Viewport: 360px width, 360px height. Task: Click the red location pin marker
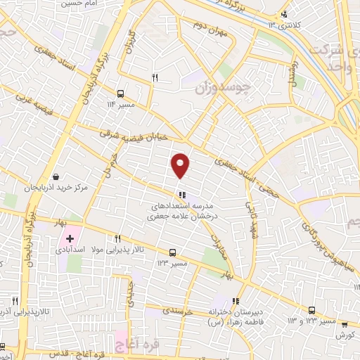click(181, 165)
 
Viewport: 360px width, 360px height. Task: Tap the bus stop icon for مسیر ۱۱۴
click(122, 93)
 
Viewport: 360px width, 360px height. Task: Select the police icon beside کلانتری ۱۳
click(284, 14)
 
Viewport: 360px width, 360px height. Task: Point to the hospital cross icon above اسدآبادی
click(70, 240)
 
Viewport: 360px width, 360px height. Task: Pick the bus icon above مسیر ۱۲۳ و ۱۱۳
click(311, 310)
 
